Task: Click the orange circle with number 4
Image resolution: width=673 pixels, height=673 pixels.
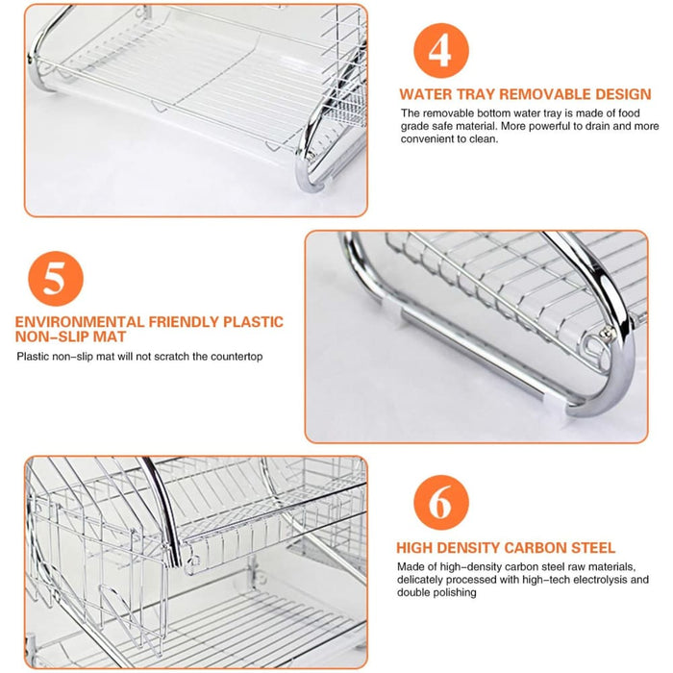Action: point(439,49)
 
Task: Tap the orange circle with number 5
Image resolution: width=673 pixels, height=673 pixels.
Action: point(56,279)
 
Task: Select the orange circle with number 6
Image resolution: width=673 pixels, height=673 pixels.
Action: point(440,503)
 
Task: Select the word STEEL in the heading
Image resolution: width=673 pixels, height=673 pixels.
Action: point(592,548)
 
